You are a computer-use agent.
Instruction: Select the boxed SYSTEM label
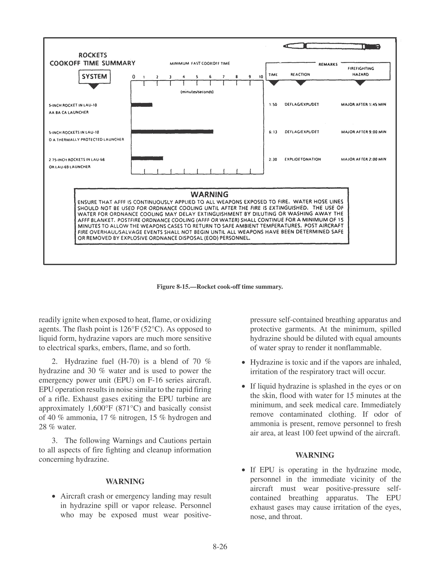(94, 77)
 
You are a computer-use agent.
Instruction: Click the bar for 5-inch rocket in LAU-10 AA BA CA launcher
(142, 105)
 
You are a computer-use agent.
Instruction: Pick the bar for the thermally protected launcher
(172, 132)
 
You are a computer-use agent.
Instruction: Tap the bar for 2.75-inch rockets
(147, 158)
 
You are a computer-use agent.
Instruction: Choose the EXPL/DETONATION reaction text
(303, 159)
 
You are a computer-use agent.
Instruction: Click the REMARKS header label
(328, 64)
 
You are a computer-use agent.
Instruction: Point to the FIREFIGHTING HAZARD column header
(361, 71)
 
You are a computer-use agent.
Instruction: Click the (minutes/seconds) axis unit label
(197, 92)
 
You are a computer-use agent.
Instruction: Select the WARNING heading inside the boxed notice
(210, 194)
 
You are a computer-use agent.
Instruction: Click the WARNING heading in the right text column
(315, 455)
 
